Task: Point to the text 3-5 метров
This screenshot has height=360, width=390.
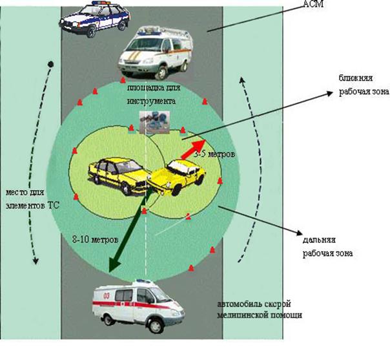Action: coord(214,155)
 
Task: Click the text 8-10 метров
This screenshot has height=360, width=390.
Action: coord(94,238)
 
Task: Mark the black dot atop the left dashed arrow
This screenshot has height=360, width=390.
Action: coord(50,64)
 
